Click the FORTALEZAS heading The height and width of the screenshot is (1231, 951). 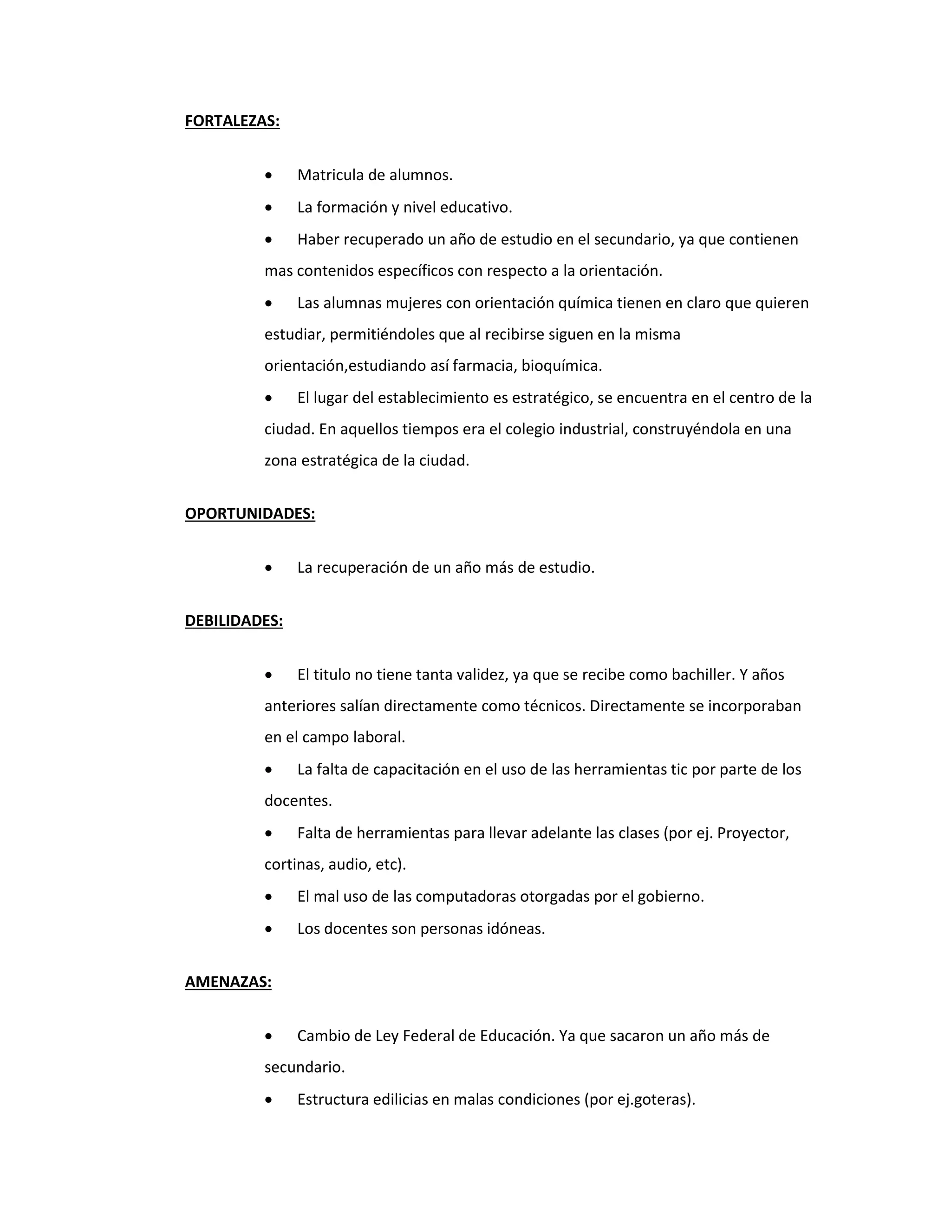pyautogui.click(x=232, y=121)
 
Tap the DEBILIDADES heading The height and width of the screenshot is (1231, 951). pyautogui.click(x=234, y=621)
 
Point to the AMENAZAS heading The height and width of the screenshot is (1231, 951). pyautogui.click(x=228, y=982)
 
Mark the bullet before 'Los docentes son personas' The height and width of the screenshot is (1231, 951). pyautogui.click(x=269, y=929)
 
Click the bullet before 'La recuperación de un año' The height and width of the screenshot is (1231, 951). pyautogui.click(x=269, y=568)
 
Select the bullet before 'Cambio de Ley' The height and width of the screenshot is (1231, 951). pyautogui.click(x=269, y=1036)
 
